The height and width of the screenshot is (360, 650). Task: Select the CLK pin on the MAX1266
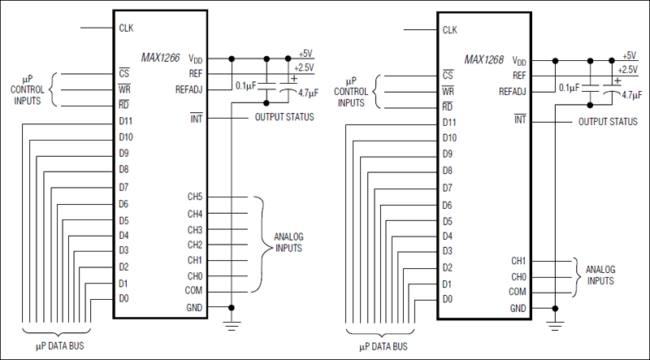(126, 27)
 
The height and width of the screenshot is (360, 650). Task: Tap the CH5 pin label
(195, 198)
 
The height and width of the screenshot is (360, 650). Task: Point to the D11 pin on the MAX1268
(449, 122)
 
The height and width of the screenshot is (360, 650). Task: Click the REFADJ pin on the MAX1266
(188, 89)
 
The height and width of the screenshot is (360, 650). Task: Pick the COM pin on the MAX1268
(518, 291)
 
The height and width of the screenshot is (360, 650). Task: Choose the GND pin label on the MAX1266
(194, 308)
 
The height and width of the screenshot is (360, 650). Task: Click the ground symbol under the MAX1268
(556, 327)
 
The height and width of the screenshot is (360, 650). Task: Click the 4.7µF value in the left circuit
(308, 93)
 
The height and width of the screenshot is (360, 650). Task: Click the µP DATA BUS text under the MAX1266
(55, 346)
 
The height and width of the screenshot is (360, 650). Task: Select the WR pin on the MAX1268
(448, 91)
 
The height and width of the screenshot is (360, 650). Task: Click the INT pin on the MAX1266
(196, 118)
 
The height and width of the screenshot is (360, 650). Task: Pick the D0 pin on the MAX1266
(123, 298)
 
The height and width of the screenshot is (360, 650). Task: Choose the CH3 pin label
(195, 229)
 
